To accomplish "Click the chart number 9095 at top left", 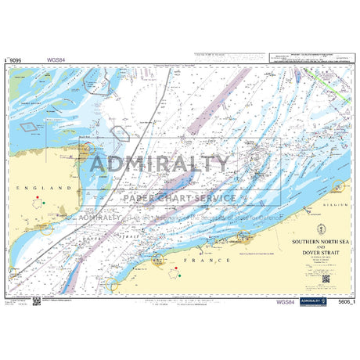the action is (13, 58).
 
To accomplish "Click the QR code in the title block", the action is (326, 278).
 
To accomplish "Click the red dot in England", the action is (36, 199).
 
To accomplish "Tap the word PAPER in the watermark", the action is (142, 198).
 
